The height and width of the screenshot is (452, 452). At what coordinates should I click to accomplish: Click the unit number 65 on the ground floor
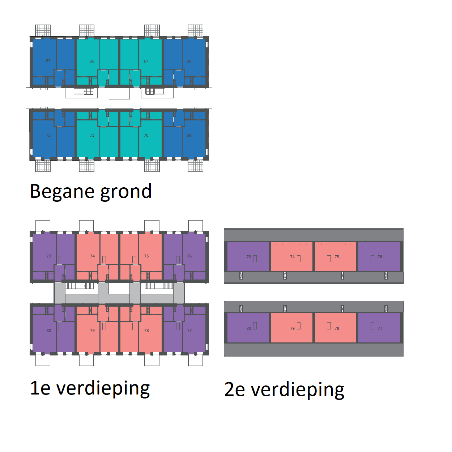[x=48, y=61]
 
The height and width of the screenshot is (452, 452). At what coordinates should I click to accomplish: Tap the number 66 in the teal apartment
[x=92, y=61]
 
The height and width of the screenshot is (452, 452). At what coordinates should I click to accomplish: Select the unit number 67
[x=146, y=61]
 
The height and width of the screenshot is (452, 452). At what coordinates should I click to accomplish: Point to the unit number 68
[x=189, y=61]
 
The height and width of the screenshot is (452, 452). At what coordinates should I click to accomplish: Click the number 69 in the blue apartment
[x=189, y=135]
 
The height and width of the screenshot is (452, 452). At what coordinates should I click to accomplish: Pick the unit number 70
[x=146, y=135]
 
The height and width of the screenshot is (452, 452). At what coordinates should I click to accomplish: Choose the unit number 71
[x=92, y=135]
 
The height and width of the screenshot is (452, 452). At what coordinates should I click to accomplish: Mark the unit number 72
[x=48, y=135]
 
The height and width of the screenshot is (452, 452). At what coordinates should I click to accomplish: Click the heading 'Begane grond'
[x=91, y=191]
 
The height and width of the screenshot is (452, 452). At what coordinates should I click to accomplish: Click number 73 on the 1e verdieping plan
[x=49, y=256]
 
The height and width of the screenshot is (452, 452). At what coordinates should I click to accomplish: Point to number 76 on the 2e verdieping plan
[x=380, y=257]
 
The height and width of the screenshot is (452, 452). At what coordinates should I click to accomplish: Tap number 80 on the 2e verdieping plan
[x=249, y=328]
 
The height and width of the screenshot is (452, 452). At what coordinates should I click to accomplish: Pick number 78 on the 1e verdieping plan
[x=146, y=331]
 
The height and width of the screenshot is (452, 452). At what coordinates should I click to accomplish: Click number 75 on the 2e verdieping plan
[x=337, y=257]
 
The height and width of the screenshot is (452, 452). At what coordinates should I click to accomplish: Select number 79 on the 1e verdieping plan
[x=93, y=331]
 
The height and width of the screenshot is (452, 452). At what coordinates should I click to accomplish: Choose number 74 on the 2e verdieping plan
[x=292, y=257]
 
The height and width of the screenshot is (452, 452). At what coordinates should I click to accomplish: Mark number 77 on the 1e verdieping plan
[x=189, y=331]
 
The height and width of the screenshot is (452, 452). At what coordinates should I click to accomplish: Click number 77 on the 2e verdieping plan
[x=380, y=328]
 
